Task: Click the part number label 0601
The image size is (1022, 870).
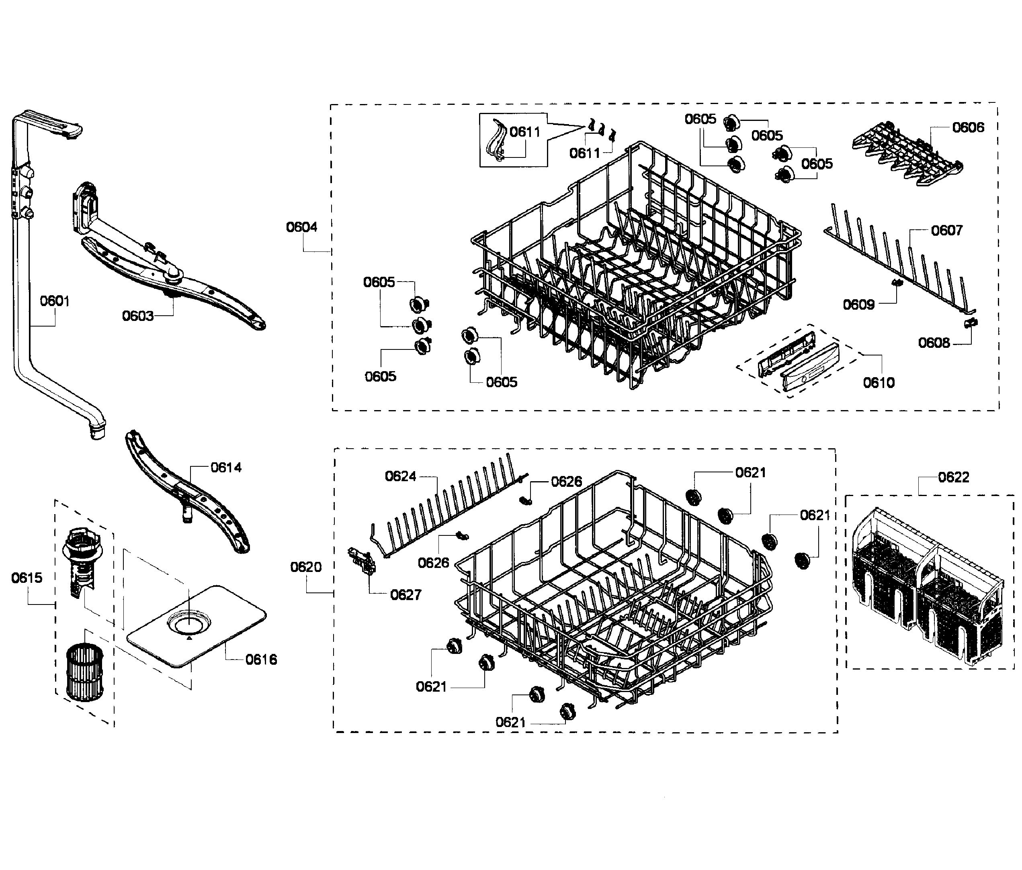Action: coord(54,301)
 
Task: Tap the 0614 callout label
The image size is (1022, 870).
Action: coord(226,467)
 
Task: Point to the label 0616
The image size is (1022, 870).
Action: coord(261,660)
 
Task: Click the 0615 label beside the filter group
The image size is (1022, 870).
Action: coord(27,578)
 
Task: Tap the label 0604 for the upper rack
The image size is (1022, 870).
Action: coord(301,227)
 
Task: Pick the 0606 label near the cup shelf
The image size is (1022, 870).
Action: coord(968,128)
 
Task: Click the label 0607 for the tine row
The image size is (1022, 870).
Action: coord(946,230)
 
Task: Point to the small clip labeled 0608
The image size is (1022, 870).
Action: coord(971,323)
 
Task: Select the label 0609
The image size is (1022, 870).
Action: coord(858,304)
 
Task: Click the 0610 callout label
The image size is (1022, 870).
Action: coord(879,382)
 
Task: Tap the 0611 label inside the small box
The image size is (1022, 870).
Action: coord(524,132)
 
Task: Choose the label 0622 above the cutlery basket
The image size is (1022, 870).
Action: coord(953,477)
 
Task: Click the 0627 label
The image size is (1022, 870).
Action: coord(406,595)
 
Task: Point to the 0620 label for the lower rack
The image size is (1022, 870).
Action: coord(306,567)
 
